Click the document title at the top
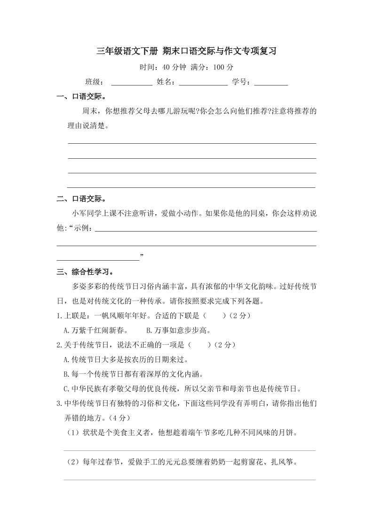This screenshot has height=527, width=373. (186, 52)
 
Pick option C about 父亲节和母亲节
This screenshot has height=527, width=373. (182, 389)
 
